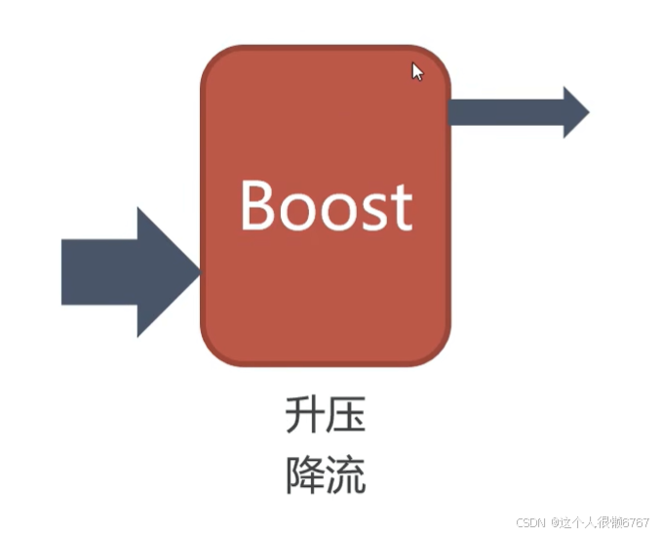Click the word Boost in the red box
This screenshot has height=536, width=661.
tap(326, 205)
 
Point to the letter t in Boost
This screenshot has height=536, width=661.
tap(401, 207)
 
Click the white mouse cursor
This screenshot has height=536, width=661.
tap(416, 71)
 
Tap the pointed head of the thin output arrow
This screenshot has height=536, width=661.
tap(575, 111)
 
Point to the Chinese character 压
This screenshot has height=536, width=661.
tap(346, 416)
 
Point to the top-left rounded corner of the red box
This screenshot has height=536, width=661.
tap(215, 61)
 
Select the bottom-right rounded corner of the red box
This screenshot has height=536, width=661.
tap(436, 350)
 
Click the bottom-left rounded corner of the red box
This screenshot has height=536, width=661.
tap(215, 350)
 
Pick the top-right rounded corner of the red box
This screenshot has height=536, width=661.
tap(436, 61)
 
